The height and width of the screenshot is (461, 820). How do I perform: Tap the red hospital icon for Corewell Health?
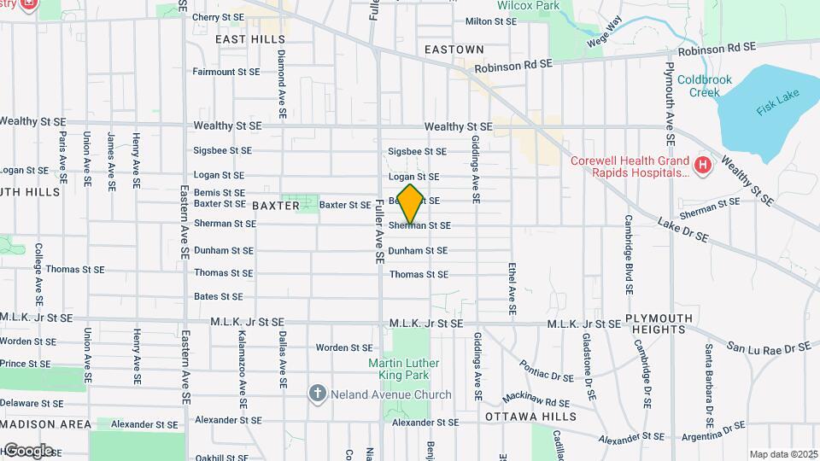[702, 163]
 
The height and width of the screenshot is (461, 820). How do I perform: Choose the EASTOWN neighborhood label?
[455, 50]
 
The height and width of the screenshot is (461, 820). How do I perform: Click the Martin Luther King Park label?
[403, 369]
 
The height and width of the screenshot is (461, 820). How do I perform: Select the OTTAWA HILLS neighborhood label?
[530, 417]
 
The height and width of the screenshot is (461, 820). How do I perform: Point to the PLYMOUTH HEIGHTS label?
[659, 324]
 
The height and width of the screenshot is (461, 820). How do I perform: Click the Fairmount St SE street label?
[226, 72]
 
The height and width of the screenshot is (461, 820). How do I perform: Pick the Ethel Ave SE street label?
[512, 290]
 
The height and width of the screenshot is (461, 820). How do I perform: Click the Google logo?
[28, 450]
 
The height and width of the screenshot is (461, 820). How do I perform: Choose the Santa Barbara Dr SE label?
[709, 386]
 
